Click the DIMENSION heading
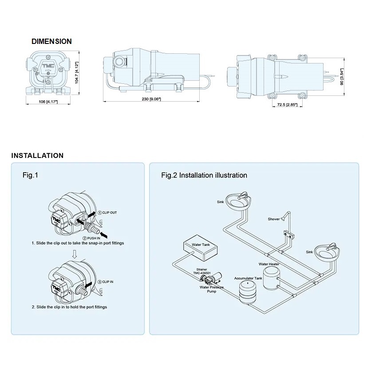pos(51,41)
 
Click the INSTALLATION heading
pos(37,156)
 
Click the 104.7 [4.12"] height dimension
pos(77,73)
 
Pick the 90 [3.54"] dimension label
pos(341,77)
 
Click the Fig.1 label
pos(30,175)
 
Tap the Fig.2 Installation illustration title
pos(204,175)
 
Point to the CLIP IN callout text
pos(107,281)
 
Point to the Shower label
pos(274,219)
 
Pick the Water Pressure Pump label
pos(212,290)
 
